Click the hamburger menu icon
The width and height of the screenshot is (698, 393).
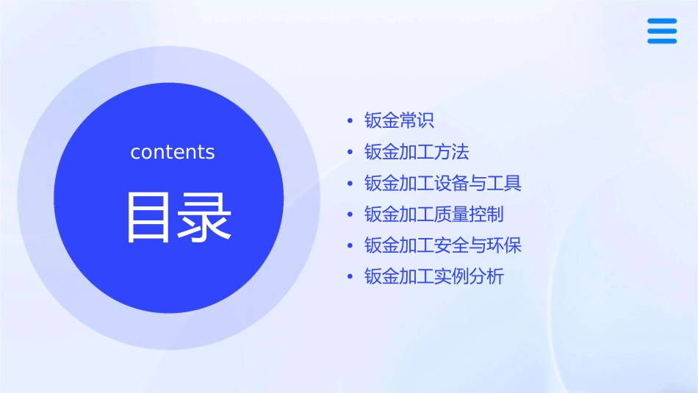point(662,31)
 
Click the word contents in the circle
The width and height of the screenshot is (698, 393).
point(173,152)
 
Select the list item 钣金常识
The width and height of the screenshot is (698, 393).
point(400,120)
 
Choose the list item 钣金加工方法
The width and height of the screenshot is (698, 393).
point(417,152)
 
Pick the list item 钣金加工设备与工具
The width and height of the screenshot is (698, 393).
point(443,183)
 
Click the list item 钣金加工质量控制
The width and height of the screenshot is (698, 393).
point(434,214)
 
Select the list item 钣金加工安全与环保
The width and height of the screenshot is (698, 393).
point(443,245)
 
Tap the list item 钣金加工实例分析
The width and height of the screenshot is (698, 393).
point(434,277)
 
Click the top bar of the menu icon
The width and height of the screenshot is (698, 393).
point(662,21)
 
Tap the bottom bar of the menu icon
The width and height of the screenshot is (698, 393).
point(662,40)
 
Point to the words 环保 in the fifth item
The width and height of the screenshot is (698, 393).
point(504,245)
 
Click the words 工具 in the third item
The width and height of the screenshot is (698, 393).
point(504,183)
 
